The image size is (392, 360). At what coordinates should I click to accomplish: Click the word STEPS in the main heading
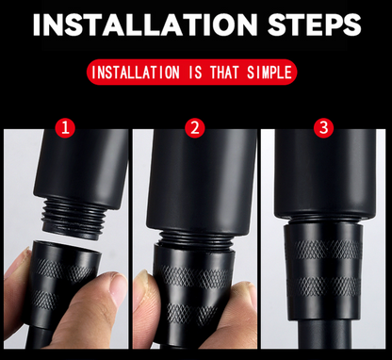315,25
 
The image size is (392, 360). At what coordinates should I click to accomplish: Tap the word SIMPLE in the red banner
269,73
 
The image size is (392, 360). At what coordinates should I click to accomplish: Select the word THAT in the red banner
224,73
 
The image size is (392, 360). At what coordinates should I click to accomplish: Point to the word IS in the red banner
195,73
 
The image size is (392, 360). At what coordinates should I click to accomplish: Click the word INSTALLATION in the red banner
136,73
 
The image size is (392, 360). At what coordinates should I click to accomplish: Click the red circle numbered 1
65,128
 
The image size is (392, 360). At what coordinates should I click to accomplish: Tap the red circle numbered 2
195,128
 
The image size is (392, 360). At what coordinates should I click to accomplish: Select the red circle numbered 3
324,127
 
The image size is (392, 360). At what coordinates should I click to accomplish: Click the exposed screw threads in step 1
73,219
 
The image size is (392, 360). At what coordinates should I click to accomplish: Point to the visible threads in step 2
195,238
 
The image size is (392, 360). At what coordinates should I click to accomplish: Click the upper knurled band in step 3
325,250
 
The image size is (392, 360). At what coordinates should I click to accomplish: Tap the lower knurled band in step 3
325,286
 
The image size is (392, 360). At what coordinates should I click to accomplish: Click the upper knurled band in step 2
195,276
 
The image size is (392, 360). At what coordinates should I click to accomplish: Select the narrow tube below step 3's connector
325,335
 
